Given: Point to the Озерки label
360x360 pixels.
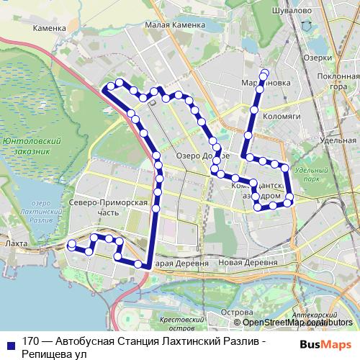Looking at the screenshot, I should (x=318, y=57).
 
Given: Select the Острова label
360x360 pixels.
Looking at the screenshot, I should (x=236, y=312).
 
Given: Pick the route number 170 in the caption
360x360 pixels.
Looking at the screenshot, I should (x=30, y=342).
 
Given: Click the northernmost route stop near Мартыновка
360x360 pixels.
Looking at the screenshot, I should (x=265, y=73).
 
